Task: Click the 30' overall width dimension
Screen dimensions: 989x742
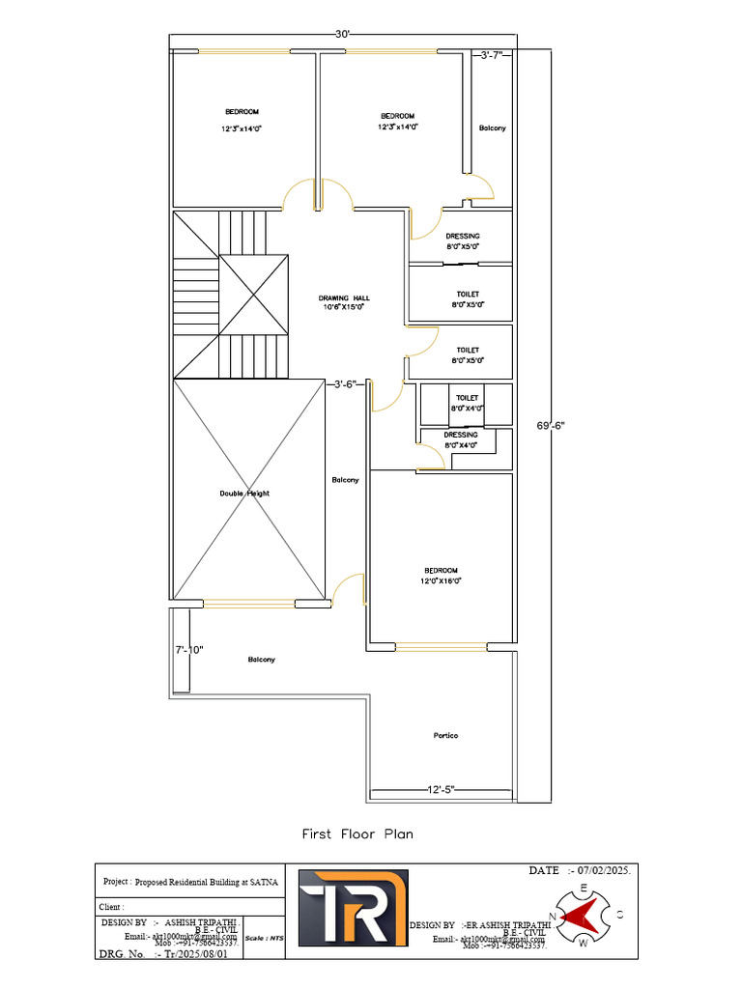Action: (x=342, y=35)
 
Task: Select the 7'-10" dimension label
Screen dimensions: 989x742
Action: (x=188, y=649)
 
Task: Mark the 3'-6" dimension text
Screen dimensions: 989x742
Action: (x=346, y=383)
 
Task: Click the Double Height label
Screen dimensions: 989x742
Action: (x=244, y=494)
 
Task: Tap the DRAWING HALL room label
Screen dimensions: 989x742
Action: (x=344, y=298)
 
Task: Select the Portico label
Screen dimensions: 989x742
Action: (x=445, y=736)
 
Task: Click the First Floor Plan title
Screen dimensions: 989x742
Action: (x=357, y=834)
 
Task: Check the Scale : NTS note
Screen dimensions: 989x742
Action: (x=264, y=938)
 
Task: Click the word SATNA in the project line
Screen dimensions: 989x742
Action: (x=264, y=882)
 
